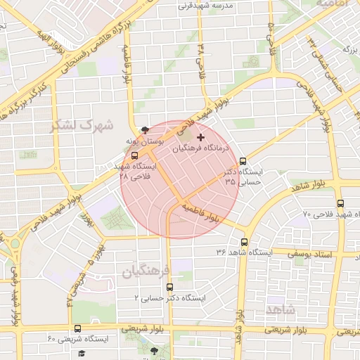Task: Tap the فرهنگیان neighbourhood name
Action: (x=146, y=270)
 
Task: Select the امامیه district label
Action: (x=334, y=4)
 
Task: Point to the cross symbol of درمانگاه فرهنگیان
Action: (x=202, y=136)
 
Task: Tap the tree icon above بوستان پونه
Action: (x=146, y=130)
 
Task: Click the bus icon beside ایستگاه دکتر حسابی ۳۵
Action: (x=243, y=161)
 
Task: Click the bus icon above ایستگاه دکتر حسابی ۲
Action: (x=169, y=287)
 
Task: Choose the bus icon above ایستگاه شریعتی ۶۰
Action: (x=77, y=328)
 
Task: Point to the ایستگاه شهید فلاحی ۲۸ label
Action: (x=136, y=172)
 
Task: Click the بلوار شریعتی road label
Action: (x=143, y=328)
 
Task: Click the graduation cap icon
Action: (x=82, y=353)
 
